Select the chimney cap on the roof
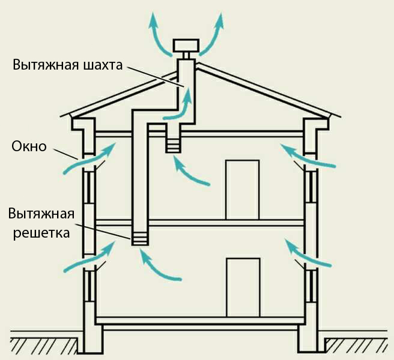186,46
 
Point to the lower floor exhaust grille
139,238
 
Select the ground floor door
242,287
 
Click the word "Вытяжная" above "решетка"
41,214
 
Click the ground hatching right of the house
358,345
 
